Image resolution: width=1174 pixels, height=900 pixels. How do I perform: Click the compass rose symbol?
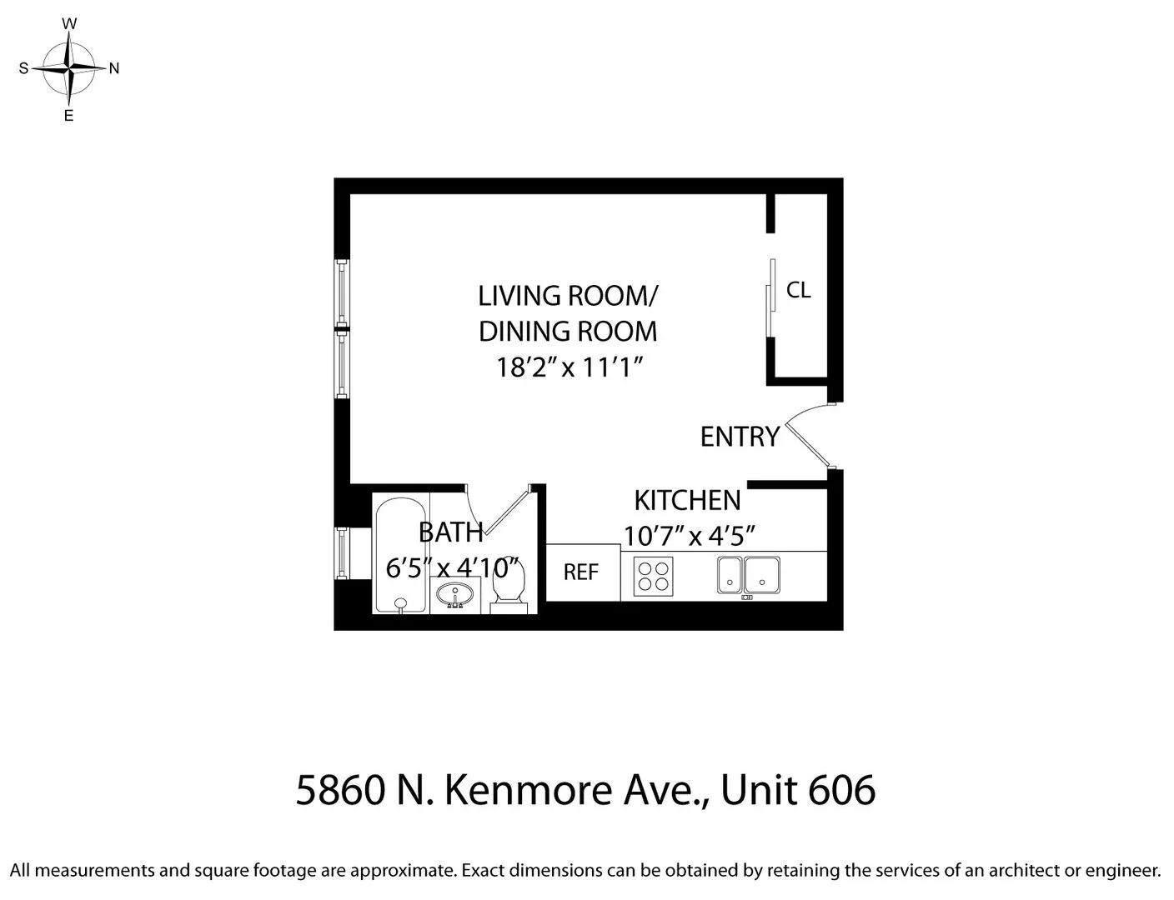click(x=70, y=68)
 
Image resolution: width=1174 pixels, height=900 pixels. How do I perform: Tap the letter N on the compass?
click(x=114, y=69)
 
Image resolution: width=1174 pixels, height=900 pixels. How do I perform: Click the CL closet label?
click(x=798, y=290)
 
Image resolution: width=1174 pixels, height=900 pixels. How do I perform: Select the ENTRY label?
click(x=740, y=437)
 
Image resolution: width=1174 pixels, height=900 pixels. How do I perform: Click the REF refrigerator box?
click(x=582, y=572)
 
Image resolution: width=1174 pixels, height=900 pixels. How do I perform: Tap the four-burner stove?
click(x=653, y=575)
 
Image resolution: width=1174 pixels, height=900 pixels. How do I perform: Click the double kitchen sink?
click(x=748, y=575)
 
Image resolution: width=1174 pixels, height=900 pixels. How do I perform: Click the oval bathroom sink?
click(x=455, y=595)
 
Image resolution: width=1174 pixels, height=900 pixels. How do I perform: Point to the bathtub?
click(x=400, y=554)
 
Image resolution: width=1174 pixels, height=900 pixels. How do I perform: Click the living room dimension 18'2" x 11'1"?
click(x=571, y=367)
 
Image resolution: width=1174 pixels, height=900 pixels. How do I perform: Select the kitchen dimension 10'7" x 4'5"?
click(x=690, y=535)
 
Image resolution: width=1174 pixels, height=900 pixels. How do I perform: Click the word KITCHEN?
click(x=687, y=500)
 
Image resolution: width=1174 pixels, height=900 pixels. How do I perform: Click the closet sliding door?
click(x=771, y=298)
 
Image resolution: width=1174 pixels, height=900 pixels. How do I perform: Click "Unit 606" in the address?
click(x=798, y=789)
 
